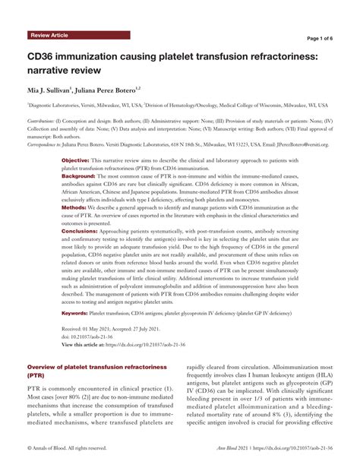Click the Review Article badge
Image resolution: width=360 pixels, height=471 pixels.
point(49,36)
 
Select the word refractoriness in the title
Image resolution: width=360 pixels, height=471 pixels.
point(269,56)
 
